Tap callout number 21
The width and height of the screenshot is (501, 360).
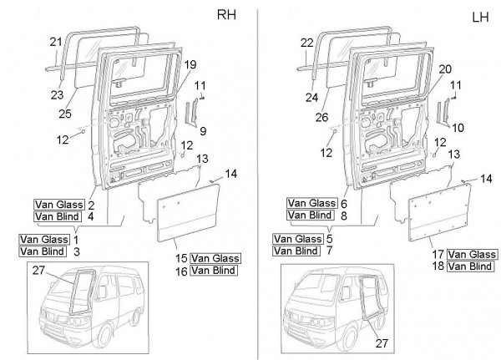(56, 42)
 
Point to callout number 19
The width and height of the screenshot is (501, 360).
(190, 63)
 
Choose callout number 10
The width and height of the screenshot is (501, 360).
(456, 127)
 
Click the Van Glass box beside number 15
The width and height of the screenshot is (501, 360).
(215, 257)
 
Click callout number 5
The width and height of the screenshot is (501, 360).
(331, 238)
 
